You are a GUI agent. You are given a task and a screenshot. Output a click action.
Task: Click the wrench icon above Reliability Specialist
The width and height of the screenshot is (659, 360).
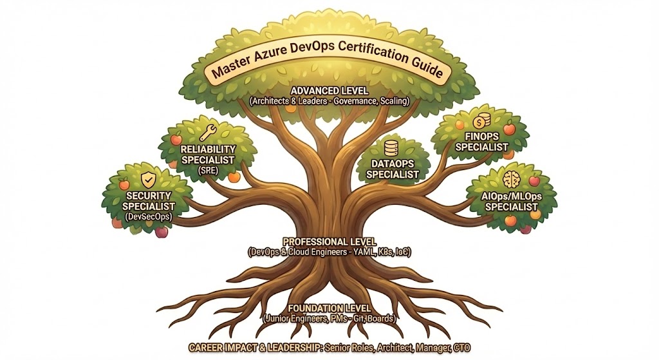(208, 133)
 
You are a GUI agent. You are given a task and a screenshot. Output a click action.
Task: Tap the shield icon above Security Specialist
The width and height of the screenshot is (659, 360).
(148, 178)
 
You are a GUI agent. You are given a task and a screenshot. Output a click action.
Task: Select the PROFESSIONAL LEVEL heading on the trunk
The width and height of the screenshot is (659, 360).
(329, 242)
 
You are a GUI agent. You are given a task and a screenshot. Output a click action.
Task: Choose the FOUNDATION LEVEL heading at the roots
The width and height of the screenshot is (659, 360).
(329, 307)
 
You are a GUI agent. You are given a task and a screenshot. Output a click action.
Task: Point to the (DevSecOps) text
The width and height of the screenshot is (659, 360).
(149, 217)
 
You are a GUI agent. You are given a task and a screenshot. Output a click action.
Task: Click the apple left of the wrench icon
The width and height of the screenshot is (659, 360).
(176, 138)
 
